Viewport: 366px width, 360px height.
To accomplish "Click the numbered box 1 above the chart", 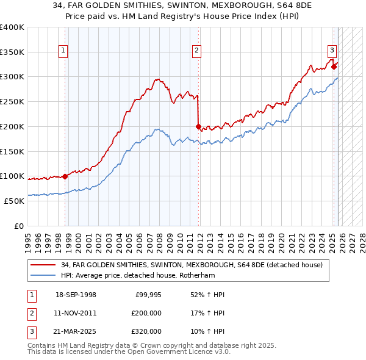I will [x=63, y=51].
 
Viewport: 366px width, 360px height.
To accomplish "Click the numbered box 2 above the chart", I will [x=197, y=51].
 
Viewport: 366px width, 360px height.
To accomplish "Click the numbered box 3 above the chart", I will [x=331, y=51].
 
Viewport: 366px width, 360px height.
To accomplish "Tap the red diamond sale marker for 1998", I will [x=65, y=176].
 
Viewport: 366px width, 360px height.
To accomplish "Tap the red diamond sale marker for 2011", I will [x=199, y=127].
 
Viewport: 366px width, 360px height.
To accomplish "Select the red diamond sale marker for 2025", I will [x=334, y=67].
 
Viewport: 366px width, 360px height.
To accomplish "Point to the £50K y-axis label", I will [x=14, y=201].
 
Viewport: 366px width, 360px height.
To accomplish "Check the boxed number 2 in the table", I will [x=30, y=313].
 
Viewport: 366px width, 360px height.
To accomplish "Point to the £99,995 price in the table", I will [x=147, y=295].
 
